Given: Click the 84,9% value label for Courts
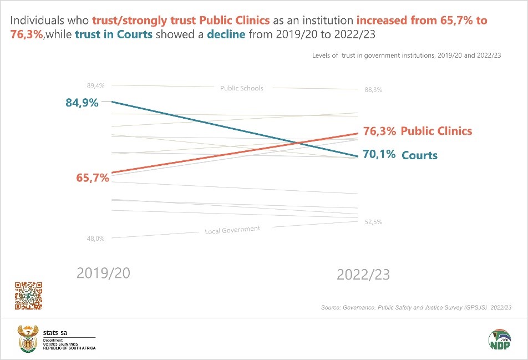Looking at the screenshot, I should coord(82,103).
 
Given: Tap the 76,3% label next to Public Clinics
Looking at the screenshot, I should coord(379,131).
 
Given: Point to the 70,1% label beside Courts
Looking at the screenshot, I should coord(379,155).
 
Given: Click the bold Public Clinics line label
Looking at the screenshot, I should coord(436,131).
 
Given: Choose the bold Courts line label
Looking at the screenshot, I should coord(419,155).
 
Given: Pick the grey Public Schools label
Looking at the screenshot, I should coord(241,88).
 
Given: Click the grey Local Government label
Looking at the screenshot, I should coord(232,230).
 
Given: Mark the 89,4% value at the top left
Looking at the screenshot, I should coord(95,85).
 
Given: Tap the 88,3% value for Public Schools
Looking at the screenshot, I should coord(373,90).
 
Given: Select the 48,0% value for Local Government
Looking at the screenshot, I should coord(95,239).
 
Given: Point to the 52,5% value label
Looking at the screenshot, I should coord(373,222).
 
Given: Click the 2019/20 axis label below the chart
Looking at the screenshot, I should coord(103,273).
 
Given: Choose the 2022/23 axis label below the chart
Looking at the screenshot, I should coord(363,275).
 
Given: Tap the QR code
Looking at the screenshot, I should coord(28,296).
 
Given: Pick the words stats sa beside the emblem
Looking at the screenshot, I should coord(55,332).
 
